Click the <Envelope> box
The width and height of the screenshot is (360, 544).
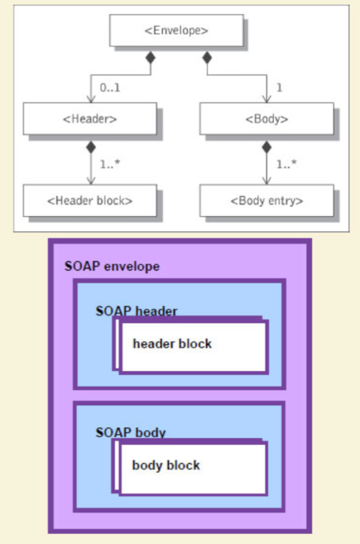(176, 30)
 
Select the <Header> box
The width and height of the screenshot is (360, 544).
(90, 119)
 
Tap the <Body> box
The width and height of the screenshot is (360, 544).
(266, 119)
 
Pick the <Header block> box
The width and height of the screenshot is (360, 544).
(90, 200)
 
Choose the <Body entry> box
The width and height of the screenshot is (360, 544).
(266, 200)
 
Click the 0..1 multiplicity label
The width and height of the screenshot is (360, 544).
(110, 88)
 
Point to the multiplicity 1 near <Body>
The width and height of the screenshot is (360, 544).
(279, 88)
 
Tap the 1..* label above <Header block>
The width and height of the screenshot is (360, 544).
(110, 164)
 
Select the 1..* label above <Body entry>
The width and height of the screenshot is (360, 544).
(286, 164)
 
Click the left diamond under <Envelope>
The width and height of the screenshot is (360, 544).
(150, 57)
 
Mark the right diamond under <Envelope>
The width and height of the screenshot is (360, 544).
(207, 57)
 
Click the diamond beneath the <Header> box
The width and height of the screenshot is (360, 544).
(91, 147)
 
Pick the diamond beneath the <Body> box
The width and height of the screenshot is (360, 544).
(266, 147)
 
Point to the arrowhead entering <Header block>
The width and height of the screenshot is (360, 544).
(91, 180)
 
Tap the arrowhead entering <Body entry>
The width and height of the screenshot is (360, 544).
(266, 180)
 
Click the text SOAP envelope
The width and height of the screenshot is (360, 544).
(112, 266)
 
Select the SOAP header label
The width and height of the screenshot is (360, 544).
(137, 311)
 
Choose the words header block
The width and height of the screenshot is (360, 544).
(172, 344)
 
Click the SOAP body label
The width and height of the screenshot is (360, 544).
(131, 432)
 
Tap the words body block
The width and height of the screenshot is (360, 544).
(166, 465)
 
